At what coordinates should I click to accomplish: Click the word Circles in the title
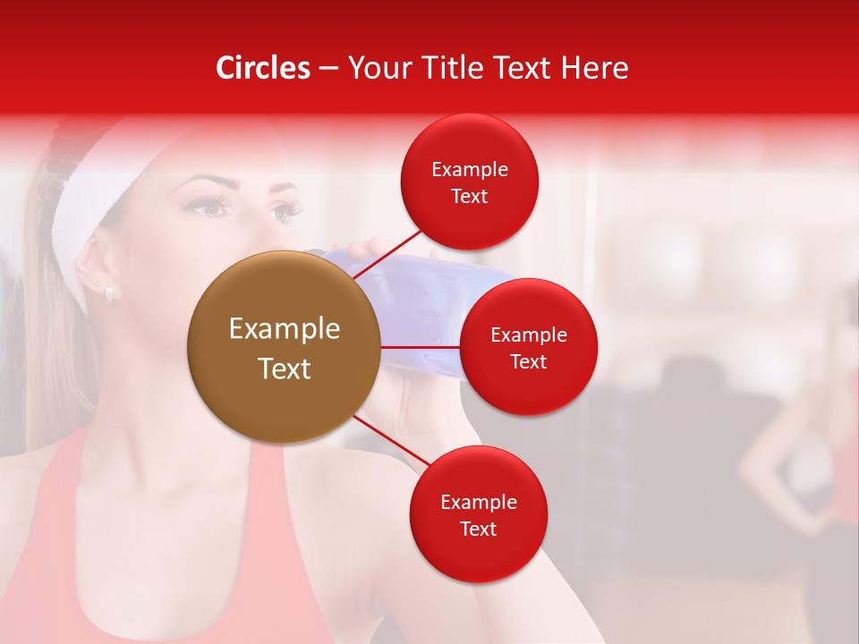(x=263, y=68)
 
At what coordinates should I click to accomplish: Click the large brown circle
(x=284, y=347)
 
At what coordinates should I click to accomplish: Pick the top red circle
(x=470, y=182)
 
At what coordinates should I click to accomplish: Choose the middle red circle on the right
(x=528, y=347)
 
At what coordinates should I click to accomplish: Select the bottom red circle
(x=478, y=514)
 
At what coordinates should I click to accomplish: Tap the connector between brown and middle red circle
(x=420, y=347)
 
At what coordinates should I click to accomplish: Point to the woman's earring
(x=108, y=292)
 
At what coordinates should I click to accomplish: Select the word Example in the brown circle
(x=284, y=328)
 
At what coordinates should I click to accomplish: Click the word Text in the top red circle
(x=470, y=196)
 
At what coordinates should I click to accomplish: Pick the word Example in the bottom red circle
(x=478, y=502)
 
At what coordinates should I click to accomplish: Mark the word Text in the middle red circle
(x=528, y=361)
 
